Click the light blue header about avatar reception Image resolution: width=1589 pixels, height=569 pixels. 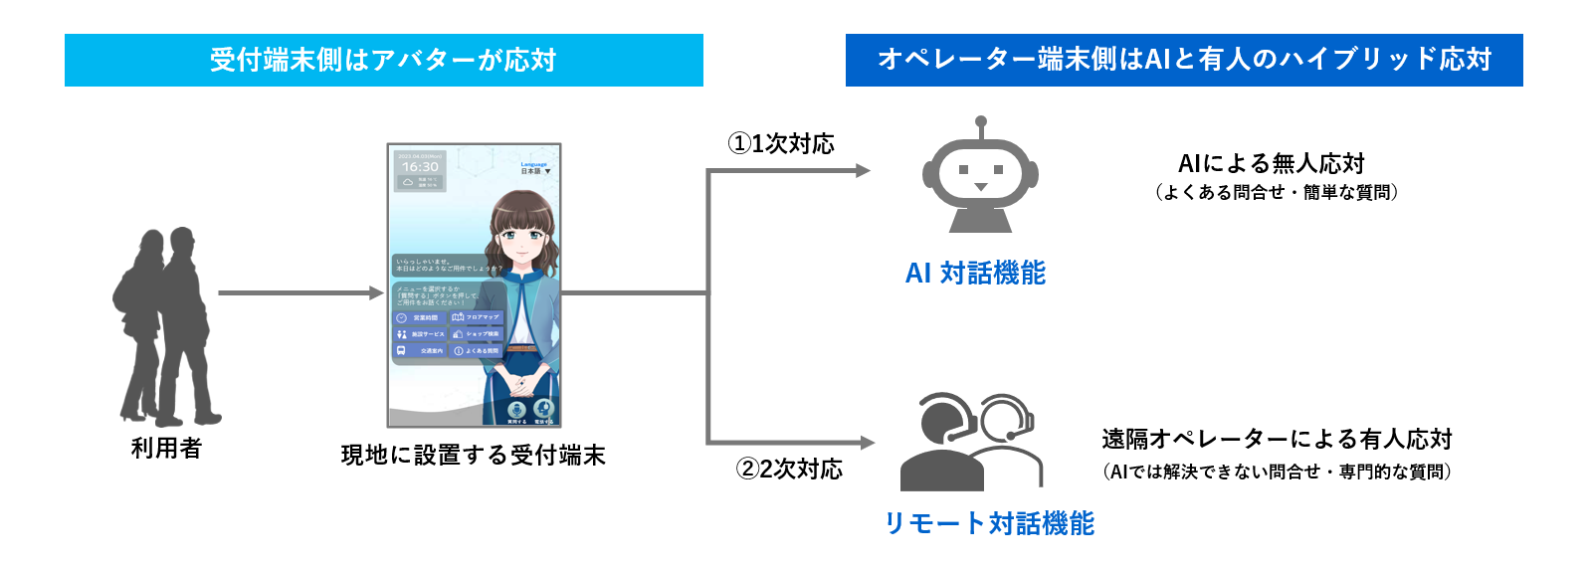pyautogui.click(x=383, y=60)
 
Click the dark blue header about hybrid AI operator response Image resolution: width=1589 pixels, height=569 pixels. pyautogui.click(x=1184, y=60)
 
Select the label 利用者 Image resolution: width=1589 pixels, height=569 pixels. pyautogui.click(x=166, y=449)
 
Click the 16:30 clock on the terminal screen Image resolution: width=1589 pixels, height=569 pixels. pyautogui.click(x=420, y=167)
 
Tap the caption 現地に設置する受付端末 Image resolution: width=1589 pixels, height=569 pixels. pyautogui.click(x=473, y=456)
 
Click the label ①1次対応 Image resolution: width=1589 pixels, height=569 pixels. pyautogui.click(x=781, y=144)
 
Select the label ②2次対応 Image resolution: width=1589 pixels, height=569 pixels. pyautogui.click(x=789, y=469)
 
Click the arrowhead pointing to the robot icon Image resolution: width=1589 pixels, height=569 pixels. pyautogui.click(x=863, y=171)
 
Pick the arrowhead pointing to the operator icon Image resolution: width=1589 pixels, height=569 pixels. pyautogui.click(x=867, y=443)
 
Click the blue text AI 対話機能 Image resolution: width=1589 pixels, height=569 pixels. pyautogui.click(x=975, y=273)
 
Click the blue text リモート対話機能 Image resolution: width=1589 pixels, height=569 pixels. pyautogui.click(x=989, y=523)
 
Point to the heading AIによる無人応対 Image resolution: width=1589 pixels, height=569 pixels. pyautogui.click(x=1271, y=163)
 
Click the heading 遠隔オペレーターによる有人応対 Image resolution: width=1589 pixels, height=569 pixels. pyautogui.click(x=1277, y=439)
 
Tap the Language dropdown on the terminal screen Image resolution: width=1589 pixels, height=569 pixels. pyautogui.click(x=535, y=168)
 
